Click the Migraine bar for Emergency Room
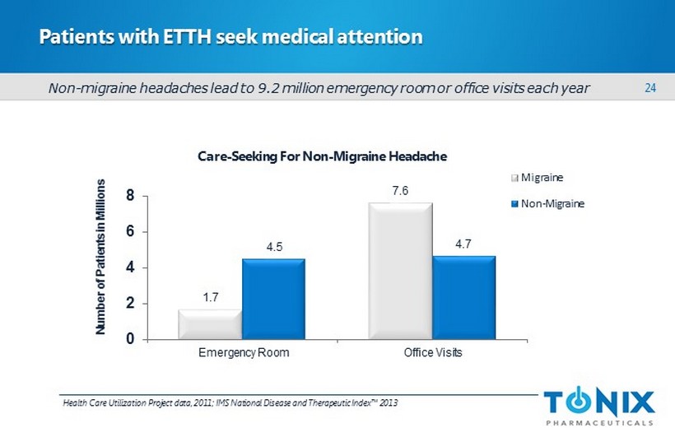pos(210,324)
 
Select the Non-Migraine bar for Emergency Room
pos(273,298)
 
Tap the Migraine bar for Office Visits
pos(401,270)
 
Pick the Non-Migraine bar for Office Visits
pos(463,296)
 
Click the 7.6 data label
pos(401,191)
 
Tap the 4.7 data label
pos(463,244)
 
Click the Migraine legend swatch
pos(515,177)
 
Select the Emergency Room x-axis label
pos(241,354)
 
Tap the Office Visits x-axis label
pos(432,354)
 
